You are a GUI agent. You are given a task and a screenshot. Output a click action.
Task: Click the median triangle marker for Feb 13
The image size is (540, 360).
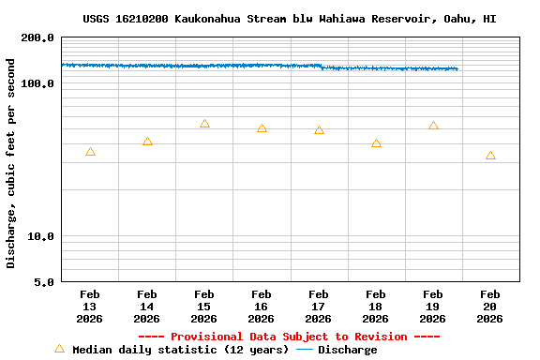coord(90,152)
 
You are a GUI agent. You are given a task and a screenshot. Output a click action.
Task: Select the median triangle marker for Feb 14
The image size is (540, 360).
coord(147,142)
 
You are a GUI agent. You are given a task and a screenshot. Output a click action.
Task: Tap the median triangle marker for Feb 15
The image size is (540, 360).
coord(204,124)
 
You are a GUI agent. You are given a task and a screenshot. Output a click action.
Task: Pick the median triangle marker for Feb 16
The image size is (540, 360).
coord(262,128)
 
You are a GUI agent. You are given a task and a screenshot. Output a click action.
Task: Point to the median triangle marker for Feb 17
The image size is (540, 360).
coord(319,130)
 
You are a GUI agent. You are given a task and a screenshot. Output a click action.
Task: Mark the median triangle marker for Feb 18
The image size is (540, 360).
coord(376,143)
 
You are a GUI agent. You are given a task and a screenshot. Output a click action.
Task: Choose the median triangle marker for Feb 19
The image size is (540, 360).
coord(433,126)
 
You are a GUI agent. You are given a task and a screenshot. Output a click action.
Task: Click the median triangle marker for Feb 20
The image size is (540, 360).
coord(490,156)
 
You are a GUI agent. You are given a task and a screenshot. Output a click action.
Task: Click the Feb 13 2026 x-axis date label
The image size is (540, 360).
coord(90,307)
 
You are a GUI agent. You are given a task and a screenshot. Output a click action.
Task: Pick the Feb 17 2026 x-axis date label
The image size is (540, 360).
coord(319,307)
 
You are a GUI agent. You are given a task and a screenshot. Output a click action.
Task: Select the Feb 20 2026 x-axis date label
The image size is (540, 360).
coord(490,307)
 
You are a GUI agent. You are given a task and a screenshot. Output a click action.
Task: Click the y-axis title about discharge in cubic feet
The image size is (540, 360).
coord(11,163)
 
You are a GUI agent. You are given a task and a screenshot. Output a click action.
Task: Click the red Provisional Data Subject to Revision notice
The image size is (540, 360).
coord(289,337)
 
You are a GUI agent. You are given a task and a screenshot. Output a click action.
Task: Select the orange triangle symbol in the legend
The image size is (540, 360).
coord(59,349)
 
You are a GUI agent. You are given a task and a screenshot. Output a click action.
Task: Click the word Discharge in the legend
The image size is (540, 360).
coord(347,350)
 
